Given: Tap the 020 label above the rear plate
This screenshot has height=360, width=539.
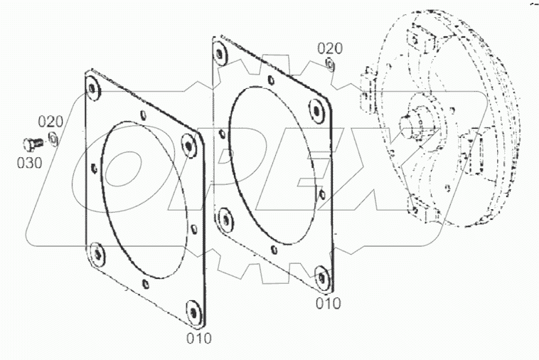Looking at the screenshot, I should pyautogui.click(x=330, y=48).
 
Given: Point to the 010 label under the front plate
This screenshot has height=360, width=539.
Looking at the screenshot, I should pyautogui.click(x=199, y=338).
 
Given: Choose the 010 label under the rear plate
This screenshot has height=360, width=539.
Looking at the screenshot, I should pyautogui.click(x=328, y=304).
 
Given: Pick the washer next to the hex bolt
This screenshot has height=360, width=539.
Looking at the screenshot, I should pyautogui.click(x=54, y=137).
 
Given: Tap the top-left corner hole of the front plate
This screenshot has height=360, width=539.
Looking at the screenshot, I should pyautogui.click(x=92, y=88).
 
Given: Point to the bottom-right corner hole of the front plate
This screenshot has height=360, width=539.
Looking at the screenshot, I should pyautogui.click(x=192, y=310).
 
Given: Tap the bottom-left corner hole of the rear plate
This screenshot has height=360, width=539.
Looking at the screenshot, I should pyautogui.click(x=225, y=216).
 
